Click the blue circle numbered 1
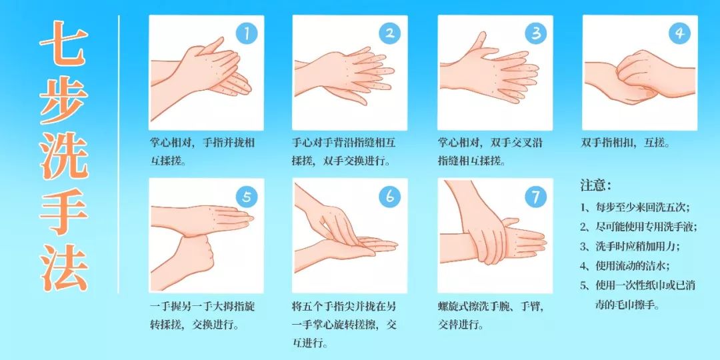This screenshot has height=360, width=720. coord(247,33)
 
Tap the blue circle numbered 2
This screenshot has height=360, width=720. coord(390,33)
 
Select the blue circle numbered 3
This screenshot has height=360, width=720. coord(535,33)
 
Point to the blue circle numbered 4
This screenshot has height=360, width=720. coord(679,33)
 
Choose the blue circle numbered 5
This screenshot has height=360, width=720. coord(247,197)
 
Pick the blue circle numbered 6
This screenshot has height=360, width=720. coord(390,197)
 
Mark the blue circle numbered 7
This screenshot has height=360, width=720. coord(535,197)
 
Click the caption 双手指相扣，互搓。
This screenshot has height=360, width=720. coord(625,143)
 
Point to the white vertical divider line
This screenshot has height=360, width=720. coord(119,154)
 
